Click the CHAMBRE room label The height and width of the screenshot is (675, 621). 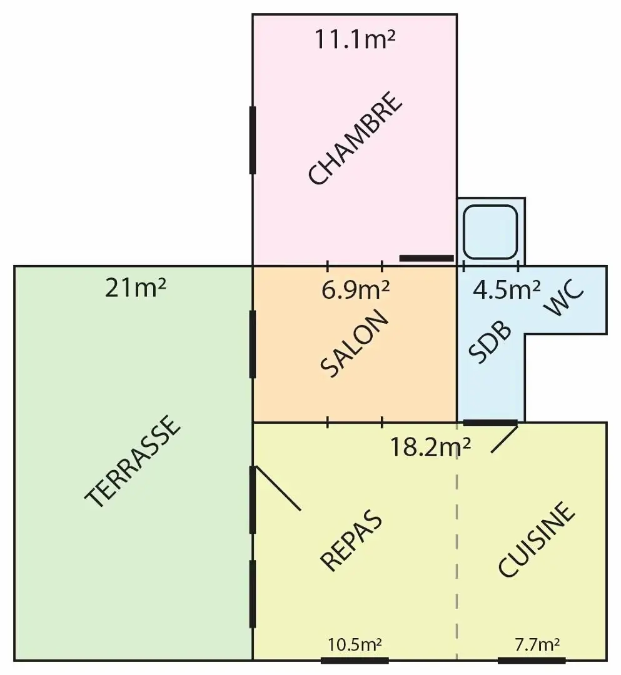coord(356,137)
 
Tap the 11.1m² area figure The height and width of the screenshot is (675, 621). coord(355,39)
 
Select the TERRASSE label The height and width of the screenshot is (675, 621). coord(132,461)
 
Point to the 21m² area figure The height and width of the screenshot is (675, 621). coord(135,288)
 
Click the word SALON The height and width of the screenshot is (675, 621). coord(355,343)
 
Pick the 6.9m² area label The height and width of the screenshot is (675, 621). coord(355,290)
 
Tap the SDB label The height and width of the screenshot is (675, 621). coord(490,342)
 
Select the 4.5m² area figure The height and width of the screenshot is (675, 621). coord(507,290)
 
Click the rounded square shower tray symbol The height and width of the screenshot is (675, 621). coord(490,232)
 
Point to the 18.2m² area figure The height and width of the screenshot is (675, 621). coord(430,447)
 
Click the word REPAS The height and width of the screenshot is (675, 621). coord(351,540)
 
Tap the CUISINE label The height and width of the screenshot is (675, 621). coord(536,539)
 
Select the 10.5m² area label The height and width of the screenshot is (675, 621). coord(355,645)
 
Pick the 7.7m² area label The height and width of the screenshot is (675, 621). coord(537,645)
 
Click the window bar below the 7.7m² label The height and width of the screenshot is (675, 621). coord(532,661)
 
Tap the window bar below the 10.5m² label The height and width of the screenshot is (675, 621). coord(355,661)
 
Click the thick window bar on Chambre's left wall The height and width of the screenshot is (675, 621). coord(253,141)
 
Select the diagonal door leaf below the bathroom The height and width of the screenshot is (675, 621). coord(504,438)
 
